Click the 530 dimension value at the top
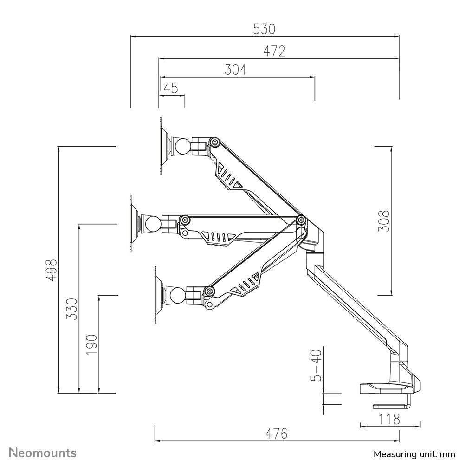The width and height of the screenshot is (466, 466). tap(264, 29)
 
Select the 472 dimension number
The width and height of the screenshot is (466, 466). tap(274, 51)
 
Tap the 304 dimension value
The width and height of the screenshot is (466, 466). tap(236, 70)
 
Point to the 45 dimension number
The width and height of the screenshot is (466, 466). tap(171, 88)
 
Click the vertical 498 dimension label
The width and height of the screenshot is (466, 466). tap(52, 269)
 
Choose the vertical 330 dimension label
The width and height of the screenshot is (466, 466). tap(72, 308)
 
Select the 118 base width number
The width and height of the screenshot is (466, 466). tap(389, 420)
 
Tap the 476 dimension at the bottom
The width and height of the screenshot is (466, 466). tap(277, 434)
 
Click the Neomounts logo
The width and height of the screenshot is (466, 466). tap(43, 453)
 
